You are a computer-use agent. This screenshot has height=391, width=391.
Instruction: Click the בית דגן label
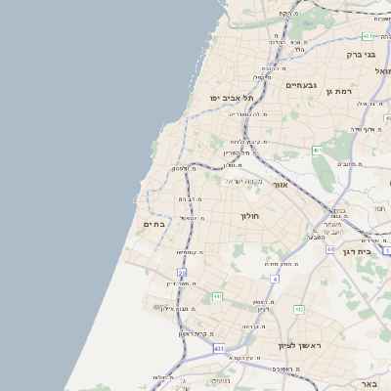tap(359, 250)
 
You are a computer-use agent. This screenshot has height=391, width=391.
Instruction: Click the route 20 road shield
tap(182, 273)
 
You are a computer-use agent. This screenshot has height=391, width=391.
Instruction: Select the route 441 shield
tap(217, 296)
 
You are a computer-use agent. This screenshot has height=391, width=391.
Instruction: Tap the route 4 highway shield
tap(276, 280)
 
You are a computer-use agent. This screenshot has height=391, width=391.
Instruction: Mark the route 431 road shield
tap(219, 349)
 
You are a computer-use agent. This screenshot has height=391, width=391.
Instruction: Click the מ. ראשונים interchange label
tap(284, 369)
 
